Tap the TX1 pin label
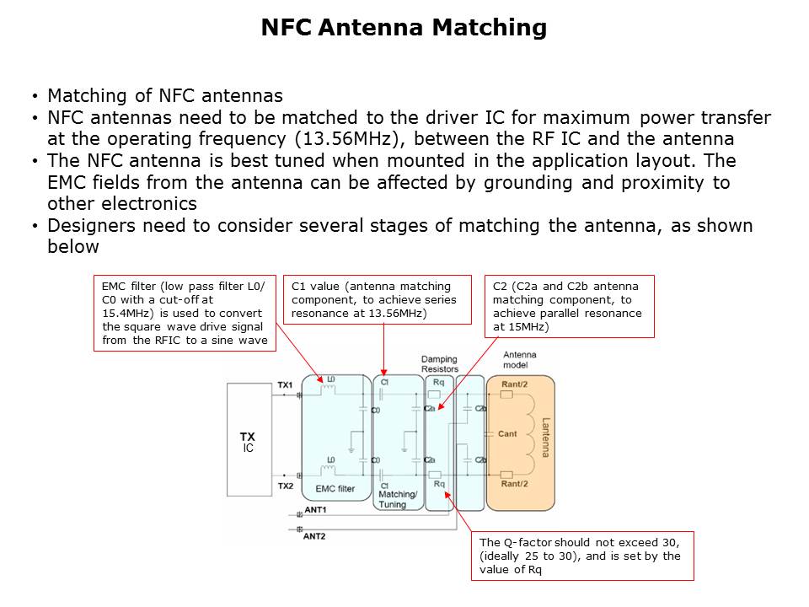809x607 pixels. click(285, 385)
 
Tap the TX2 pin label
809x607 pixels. click(285, 486)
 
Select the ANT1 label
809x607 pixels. click(314, 511)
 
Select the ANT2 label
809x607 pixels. click(314, 535)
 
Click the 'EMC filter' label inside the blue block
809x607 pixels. click(335, 488)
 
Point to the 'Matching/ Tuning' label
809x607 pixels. click(399, 499)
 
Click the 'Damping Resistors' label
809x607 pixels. click(440, 364)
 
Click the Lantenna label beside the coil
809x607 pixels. click(545, 438)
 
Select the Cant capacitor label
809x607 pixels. click(507, 433)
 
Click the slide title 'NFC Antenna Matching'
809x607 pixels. click(404, 28)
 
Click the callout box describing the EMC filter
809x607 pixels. click(184, 313)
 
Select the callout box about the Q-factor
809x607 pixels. click(581, 556)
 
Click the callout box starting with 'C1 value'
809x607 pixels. click(378, 299)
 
